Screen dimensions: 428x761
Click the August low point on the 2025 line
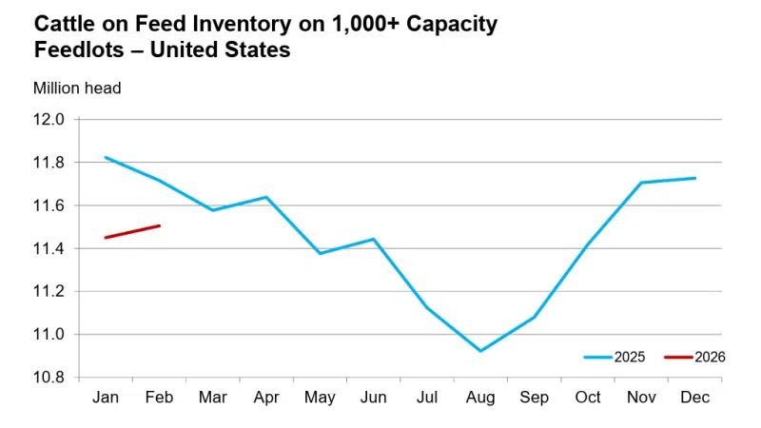click(x=480, y=351)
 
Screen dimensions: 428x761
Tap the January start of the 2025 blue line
click(x=105, y=157)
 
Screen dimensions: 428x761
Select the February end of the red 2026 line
click(x=159, y=225)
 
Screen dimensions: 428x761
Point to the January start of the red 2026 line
click(x=105, y=238)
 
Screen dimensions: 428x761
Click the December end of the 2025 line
click(x=695, y=178)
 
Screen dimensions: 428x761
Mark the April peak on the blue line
click(x=265, y=197)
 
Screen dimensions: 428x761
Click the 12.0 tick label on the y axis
click(x=50, y=120)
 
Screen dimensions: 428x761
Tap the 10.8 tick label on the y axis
click(x=50, y=378)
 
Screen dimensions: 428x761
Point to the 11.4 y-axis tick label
click(x=50, y=249)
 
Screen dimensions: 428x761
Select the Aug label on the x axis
click(x=480, y=397)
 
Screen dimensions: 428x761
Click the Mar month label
click(x=212, y=397)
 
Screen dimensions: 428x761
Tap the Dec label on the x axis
click(x=695, y=397)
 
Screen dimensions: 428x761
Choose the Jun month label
click(x=373, y=397)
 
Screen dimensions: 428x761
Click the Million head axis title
click(x=77, y=88)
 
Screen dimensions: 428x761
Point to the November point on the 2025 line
click(x=641, y=183)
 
